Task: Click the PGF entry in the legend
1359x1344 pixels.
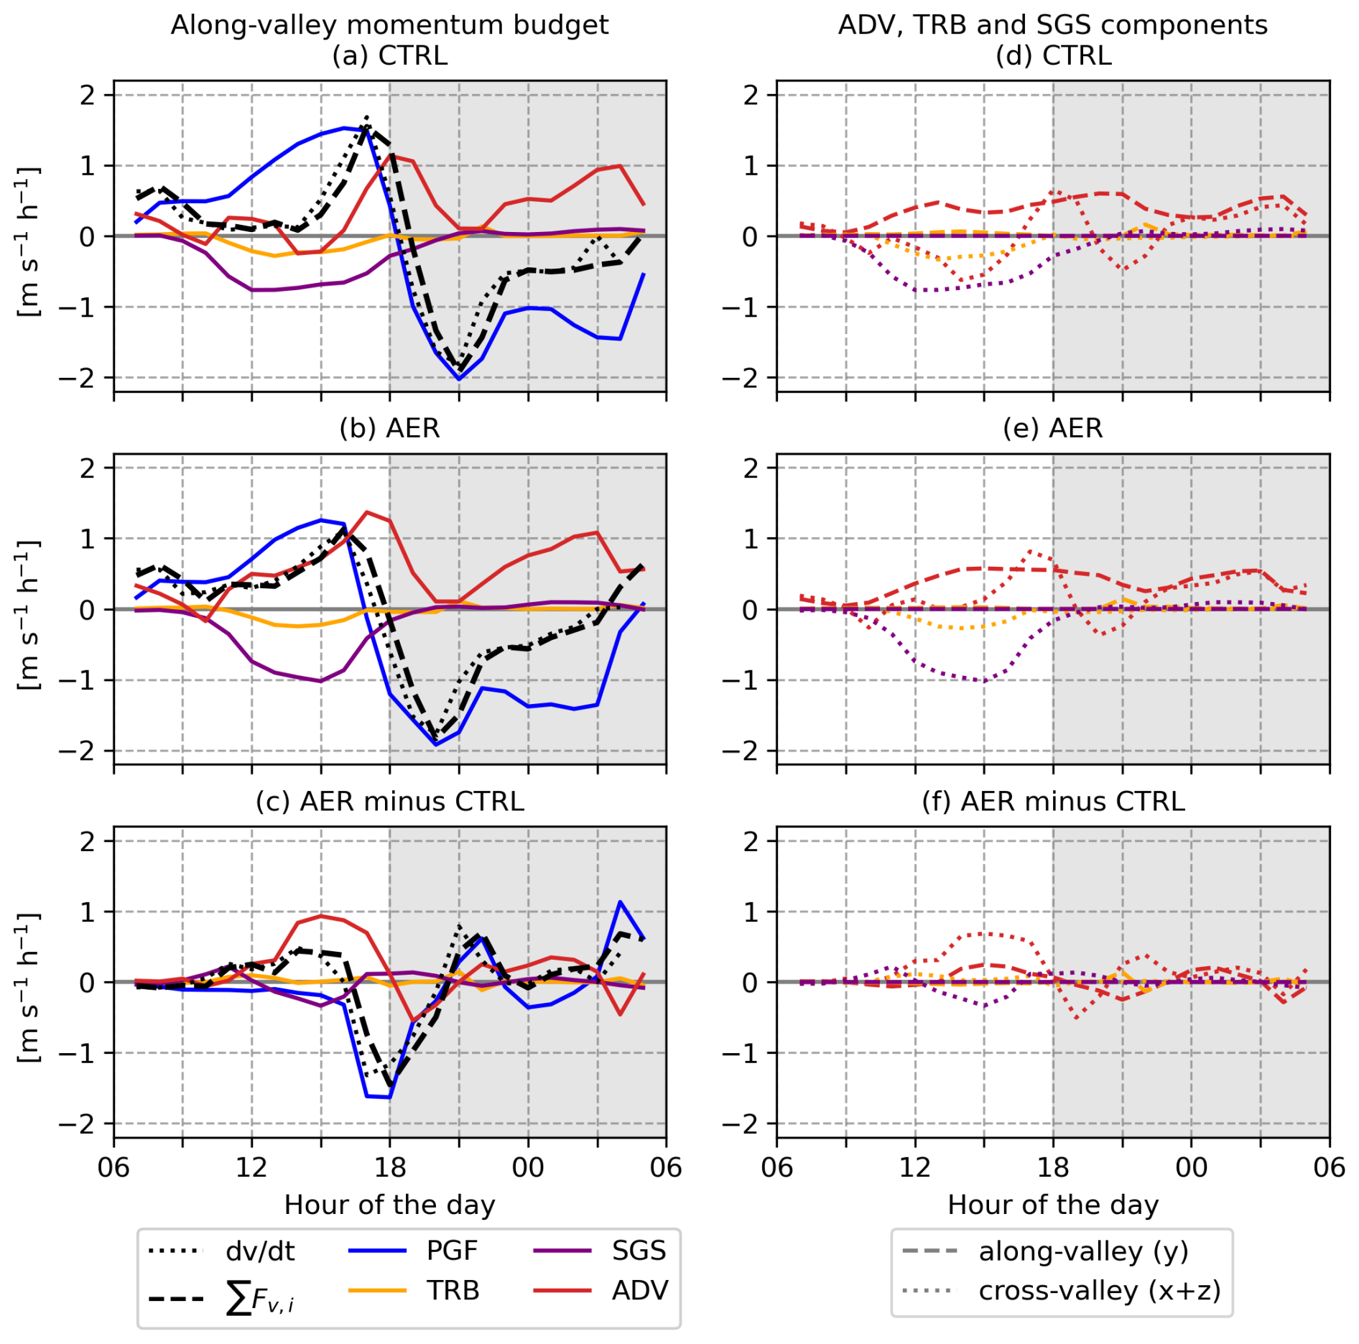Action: (x=413, y=1251)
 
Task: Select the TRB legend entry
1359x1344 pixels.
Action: (x=414, y=1291)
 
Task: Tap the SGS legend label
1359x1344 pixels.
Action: (x=639, y=1251)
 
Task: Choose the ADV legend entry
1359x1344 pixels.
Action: (x=600, y=1291)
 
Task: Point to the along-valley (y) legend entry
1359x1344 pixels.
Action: (x=1046, y=1251)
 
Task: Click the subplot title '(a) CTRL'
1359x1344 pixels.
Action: (x=389, y=55)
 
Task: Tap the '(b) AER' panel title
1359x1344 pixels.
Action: (x=389, y=428)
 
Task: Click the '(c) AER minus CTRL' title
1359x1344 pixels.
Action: (x=389, y=801)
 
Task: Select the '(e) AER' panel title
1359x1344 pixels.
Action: (x=1052, y=428)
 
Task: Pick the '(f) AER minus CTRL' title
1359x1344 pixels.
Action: (x=1053, y=801)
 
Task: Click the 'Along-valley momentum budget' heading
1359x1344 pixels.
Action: (x=389, y=25)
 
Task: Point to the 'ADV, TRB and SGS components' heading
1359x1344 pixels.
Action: (x=1052, y=25)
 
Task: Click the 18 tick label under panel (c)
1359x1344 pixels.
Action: (x=389, y=1167)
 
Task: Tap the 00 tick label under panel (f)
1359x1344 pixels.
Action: (x=1191, y=1167)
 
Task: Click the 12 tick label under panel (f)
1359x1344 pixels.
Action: (x=914, y=1167)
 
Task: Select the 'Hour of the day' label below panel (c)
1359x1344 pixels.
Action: (x=389, y=1205)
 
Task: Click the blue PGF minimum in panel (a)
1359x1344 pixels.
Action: (x=459, y=379)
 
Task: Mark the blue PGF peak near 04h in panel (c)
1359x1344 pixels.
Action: (x=620, y=902)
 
